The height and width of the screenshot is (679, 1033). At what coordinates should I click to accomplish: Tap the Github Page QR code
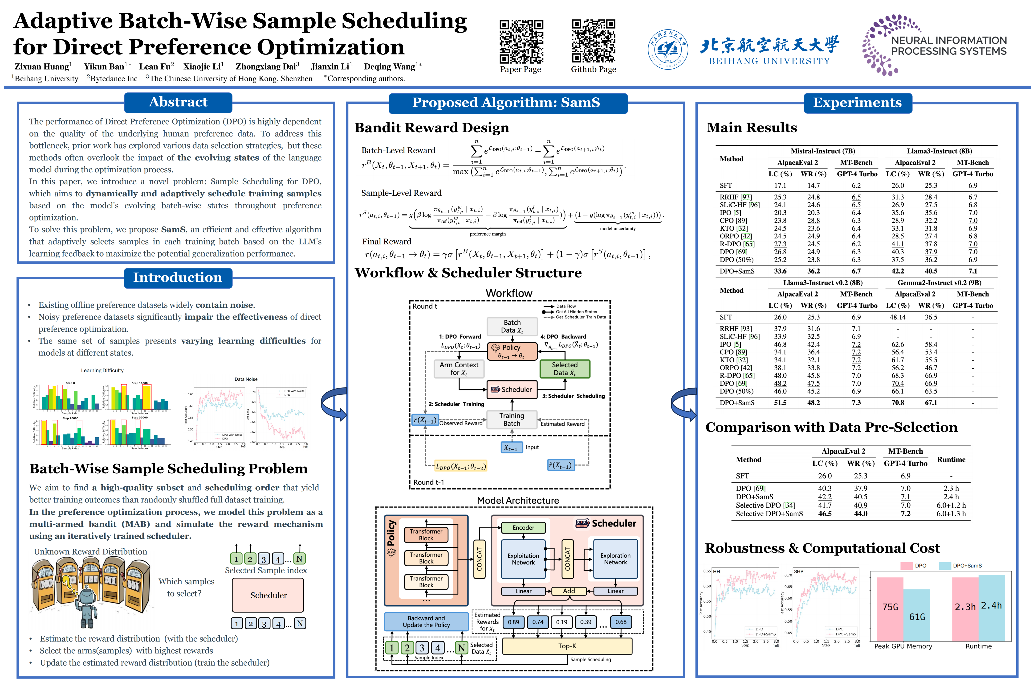point(593,42)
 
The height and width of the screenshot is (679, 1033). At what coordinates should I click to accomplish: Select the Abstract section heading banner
point(178,102)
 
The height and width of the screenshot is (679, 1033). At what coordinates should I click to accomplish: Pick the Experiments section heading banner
point(857,103)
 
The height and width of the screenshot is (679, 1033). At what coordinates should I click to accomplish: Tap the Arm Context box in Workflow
point(459,368)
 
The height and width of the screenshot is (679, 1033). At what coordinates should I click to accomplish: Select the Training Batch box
point(512,419)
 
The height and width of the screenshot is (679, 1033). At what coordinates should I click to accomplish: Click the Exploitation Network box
point(523,559)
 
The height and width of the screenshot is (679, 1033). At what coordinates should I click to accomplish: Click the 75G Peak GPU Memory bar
point(890,608)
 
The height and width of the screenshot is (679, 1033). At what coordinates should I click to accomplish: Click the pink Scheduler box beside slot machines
point(268,595)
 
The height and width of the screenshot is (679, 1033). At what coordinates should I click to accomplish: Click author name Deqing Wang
point(389,66)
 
